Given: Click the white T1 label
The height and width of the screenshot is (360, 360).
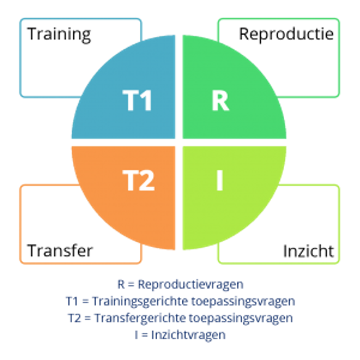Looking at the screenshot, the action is pyautogui.click(x=137, y=100).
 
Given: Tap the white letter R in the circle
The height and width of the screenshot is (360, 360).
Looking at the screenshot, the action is pyautogui.click(x=220, y=100).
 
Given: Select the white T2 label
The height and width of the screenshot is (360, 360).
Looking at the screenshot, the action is pyautogui.click(x=139, y=180).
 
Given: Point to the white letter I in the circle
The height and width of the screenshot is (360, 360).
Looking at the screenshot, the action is pyautogui.click(x=219, y=180).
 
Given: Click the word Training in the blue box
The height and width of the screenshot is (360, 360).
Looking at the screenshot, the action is pyautogui.click(x=59, y=34).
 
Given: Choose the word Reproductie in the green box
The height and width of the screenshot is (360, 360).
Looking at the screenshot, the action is pyautogui.click(x=286, y=34).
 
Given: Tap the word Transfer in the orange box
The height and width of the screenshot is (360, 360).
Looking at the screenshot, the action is pyautogui.click(x=60, y=250).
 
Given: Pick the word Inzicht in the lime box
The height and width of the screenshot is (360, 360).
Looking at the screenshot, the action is pyautogui.click(x=308, y=251).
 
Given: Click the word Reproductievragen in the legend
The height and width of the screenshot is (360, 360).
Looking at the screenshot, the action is pyautogui.click(x=190, y=285).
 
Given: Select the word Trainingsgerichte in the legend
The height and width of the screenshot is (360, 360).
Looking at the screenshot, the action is pyautogui.click(x=140, y=301).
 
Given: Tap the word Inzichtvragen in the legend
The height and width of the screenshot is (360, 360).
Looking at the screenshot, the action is pyautogui.click(x=188, y=335).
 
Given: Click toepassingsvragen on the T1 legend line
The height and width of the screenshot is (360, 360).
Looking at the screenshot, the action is pyautogui.click(x=243, y=301).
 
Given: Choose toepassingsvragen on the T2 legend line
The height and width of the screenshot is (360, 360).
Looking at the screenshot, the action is pyautogui.click(x=240, y=318).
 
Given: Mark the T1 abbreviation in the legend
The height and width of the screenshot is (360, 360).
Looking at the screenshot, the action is pyautogui.click(x=72, y=301).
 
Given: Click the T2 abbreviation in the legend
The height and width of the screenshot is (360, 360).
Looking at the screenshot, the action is pyautogui.click(x=75, y=318).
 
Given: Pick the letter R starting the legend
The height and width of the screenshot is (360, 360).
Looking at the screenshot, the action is pyautogui.click(x=121, y=284).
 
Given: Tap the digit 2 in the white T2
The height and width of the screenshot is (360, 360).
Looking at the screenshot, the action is pyautogui.click(x=147, y=180).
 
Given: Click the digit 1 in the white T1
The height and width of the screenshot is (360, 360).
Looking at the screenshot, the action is pyautogui.click(x=145, y=100).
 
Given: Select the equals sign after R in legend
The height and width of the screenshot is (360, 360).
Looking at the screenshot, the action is pyautogui.click(x=131, y=285).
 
